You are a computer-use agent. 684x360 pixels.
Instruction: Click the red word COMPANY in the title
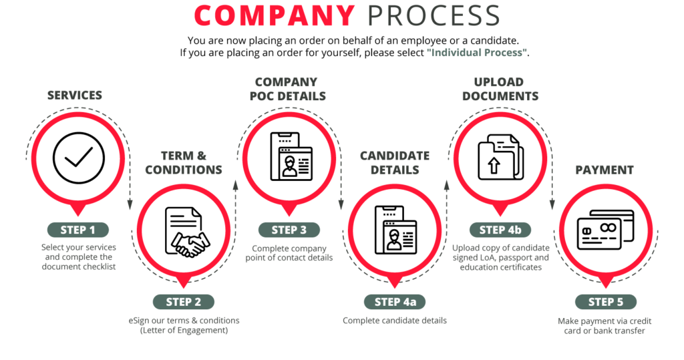coord(275,15)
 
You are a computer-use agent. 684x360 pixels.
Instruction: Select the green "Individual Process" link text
coord(477,53)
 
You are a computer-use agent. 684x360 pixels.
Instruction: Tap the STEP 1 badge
coord(77,230)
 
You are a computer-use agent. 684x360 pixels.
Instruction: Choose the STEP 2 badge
coord(183,302)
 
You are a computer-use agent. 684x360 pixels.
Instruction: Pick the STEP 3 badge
coord(289,230)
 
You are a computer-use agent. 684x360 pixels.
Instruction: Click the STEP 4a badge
coord(395,302)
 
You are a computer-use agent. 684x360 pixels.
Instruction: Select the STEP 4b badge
coord(500,230)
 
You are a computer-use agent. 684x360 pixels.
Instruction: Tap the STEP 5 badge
coord(606,302)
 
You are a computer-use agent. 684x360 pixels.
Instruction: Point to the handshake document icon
coord(184,230)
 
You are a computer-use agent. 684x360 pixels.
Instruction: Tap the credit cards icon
coord(605,230)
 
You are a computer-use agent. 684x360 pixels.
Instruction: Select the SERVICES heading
coord(75,96)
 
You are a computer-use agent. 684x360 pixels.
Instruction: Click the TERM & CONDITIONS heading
coord(184,163)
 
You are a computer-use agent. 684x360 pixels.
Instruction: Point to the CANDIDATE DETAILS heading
coord(395,163)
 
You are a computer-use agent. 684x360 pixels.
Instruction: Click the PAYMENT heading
coord(605,170)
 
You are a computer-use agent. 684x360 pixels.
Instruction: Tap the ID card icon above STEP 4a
coord(395,230)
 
